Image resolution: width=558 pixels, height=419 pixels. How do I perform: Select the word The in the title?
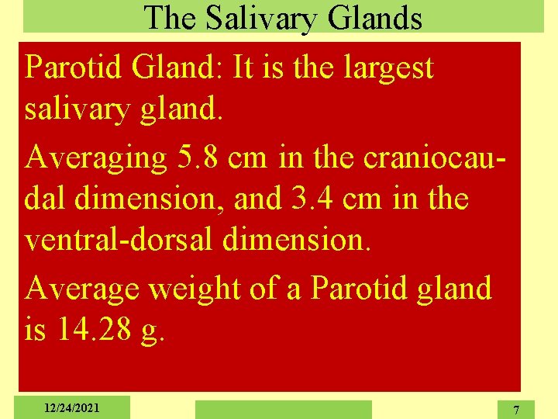pyautogui.click(x=170, y=18)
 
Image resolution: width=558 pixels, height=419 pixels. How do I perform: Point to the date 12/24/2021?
pyautogui.click(x=71, y=407)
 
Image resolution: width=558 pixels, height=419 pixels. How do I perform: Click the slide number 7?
pyautogui.click(x=517, y=409)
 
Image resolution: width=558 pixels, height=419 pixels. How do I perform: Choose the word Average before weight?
pyautogui.click(x=81, y=289)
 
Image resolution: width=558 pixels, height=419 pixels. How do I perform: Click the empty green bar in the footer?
pyautogui.click(x=283, y=409)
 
